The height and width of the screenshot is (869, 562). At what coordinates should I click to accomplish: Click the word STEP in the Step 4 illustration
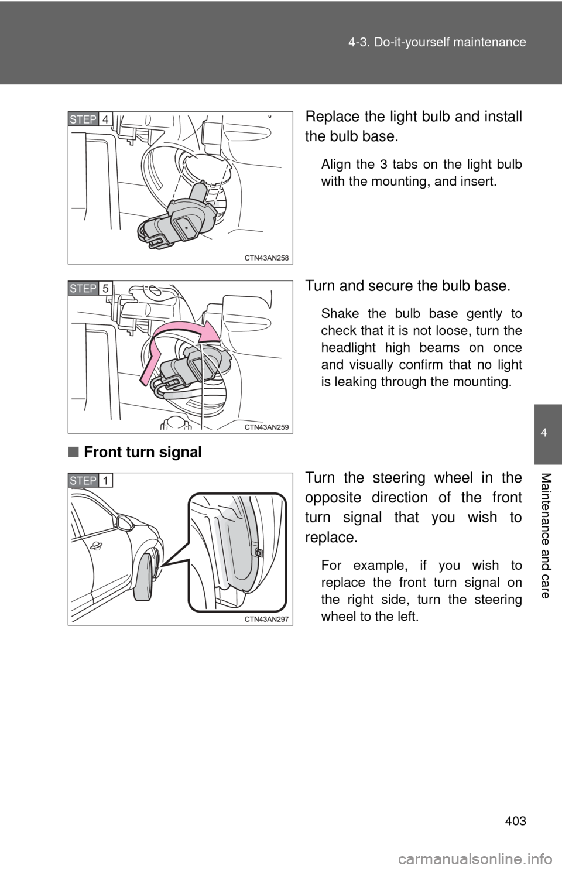tap(83, 119)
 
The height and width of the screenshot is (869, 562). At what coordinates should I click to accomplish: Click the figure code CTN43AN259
tap(266, 427)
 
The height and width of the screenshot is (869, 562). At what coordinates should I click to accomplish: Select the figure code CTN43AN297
tap(266, 620)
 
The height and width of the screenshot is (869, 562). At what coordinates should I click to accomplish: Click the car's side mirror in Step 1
tap(124, 522)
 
